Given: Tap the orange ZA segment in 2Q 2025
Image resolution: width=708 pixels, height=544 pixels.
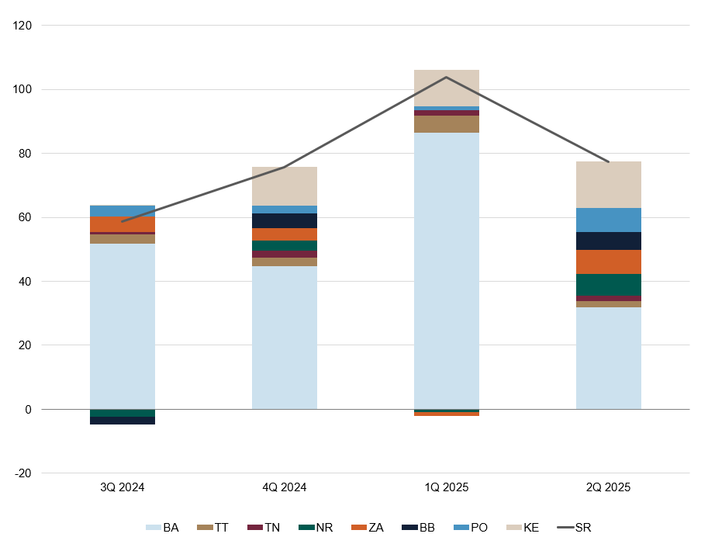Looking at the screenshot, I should pyautogui.click(x=608, y=262).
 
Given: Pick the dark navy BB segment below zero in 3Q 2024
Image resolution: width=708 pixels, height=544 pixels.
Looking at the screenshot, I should pyautogui.click(x=123, y=421).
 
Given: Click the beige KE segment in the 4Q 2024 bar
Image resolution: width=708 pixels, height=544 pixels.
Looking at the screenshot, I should pyautogui.click(x=285, y=186).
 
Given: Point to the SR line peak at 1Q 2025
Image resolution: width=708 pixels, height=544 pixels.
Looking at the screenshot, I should pyautogui.click(x=446, y=77).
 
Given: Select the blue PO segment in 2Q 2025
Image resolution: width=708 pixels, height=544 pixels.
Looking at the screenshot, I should pyautogui.click(x=608, y=220).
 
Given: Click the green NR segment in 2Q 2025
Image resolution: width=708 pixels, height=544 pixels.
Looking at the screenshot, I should pyautogui.click(x=608, y=285).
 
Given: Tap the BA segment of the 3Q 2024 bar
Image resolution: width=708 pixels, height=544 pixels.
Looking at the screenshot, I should pyautogui.click(x=123, y=326).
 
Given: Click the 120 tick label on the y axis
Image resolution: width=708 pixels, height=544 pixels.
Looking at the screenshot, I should pyautogui.click(x=22, y=26).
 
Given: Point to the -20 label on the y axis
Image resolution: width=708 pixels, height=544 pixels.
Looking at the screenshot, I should pyautogui.click(x=23, y=473).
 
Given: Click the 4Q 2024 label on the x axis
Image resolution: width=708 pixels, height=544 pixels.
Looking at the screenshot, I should pyautogui.click(x=285, y=488).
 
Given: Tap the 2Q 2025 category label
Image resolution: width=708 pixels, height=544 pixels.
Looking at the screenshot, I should pyautogui.click(x=608, y=488).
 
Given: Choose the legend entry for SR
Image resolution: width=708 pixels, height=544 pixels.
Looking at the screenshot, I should pyautogui.click(x=575, y=528).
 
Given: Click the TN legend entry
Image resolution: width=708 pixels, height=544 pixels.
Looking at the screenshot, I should pyautogui.click(x=264, y=528).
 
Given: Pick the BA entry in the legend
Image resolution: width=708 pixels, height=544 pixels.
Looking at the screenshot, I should pyautogui.click(x=163, y=528).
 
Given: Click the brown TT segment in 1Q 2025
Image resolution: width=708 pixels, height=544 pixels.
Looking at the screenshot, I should pyautogui.click(x=446, y=124).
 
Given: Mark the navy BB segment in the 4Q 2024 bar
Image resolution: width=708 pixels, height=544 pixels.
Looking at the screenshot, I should pyautogui.click(x=285, y=220).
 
